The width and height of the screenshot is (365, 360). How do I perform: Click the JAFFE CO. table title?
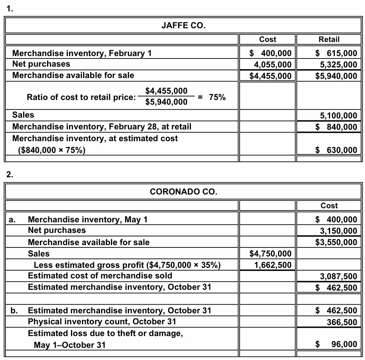pos(183,26)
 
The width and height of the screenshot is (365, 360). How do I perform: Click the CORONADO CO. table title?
pos(183,192)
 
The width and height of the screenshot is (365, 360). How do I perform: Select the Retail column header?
pos(329,39)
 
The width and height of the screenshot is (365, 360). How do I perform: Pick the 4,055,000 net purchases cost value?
pos(273,64)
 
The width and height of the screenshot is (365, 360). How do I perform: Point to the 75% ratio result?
pos(217,97)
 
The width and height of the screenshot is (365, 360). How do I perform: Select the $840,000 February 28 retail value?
pos(337,127)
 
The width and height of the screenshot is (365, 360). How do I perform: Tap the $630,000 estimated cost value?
pos(337,150)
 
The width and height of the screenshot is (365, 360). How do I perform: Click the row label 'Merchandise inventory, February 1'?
pos(82,53)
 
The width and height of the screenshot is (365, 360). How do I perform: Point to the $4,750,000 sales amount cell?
pos(271,254)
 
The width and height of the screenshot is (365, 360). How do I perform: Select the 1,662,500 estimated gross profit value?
pos(273,265)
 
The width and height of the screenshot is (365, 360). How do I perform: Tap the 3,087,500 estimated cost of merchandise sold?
pos(338,276)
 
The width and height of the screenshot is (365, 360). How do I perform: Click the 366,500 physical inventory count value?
pos(342,322)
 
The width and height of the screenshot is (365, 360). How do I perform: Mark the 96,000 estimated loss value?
pos(344,344)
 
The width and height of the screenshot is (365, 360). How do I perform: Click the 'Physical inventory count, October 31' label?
pos(102,322)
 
